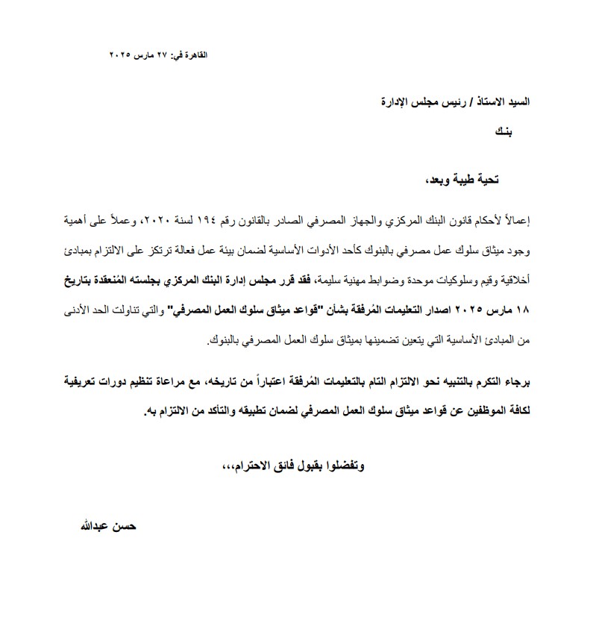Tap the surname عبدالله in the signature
[x=87, y=526]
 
